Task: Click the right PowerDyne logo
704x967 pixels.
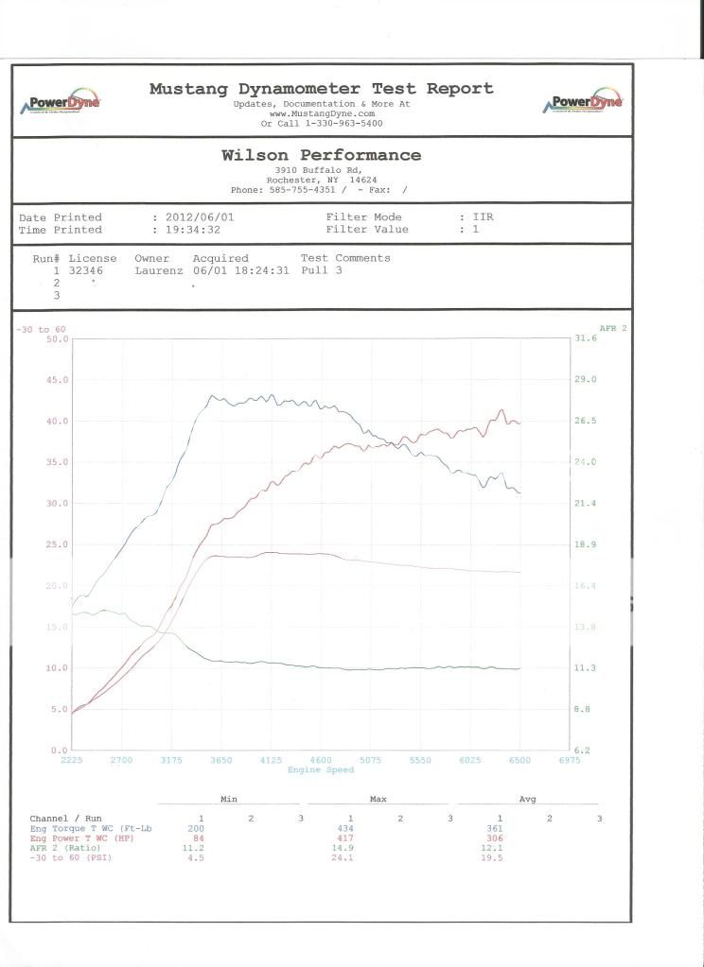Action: [x=585, y=103]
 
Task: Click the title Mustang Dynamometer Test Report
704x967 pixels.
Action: [x=321, y=88]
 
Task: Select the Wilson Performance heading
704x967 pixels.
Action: [x=321, y=155]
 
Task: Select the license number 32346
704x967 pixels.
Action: [x=88, y=269]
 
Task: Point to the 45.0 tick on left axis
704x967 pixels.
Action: [x=56, y=380]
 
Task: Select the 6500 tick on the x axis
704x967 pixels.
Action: [x=519, y=760]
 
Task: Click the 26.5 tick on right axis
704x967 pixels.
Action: [x=585, y=421]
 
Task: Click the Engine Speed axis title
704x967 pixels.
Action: [x=321, y=770]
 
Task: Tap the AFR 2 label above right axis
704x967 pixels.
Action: [x=612, y=328]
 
